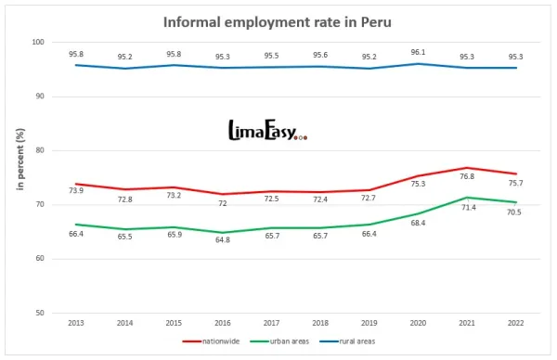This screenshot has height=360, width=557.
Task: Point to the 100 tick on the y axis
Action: pyautogui.click(x=38, y=43)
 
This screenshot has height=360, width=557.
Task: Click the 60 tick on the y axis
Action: pyautogui.click(x=40, y=258)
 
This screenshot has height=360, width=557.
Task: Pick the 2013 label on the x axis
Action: pyautogui.click(x=76, y=324)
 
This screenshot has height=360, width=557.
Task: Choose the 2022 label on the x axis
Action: pyautogui.click(x=514, y=324)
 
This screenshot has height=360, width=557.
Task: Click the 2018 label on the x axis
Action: pyautogui.click(x=319, y=324)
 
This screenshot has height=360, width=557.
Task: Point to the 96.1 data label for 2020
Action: pyautogui.click(x=417, y=53)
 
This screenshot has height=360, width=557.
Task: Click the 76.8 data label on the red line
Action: pyautogui.click(x=466, y=176)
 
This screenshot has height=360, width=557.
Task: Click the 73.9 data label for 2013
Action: pyautogui.click(x=76, y=190)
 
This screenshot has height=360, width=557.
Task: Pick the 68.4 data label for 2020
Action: pyautogui.click(x=417, y=223)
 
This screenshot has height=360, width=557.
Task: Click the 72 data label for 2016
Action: pyautogui.click(x=222, y=202)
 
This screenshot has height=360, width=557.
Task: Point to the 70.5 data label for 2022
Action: pyautogui.click(x=514, y=212)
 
